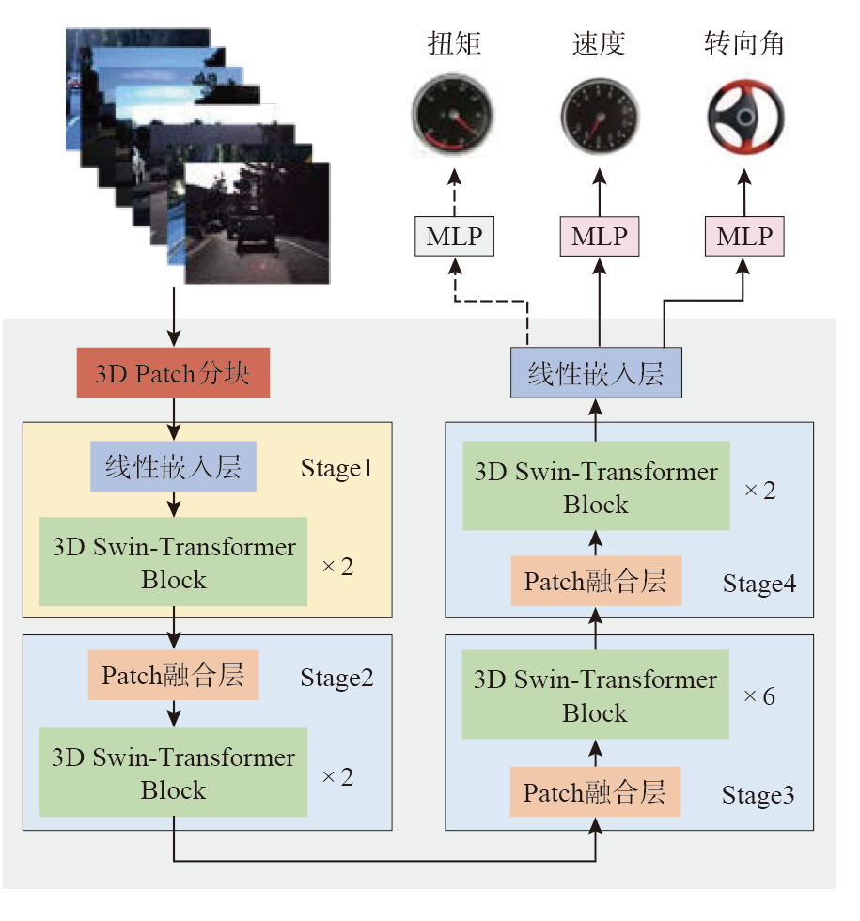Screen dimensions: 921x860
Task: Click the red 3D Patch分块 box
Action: click(173, 374)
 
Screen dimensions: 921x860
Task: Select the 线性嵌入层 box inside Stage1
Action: click(173, 467)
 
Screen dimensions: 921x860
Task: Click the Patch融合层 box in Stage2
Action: click(173, 676)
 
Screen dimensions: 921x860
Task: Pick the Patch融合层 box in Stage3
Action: click(595, 792)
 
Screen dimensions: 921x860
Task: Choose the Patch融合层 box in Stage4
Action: click(595, 581)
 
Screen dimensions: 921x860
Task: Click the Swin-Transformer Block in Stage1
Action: click(173, 562)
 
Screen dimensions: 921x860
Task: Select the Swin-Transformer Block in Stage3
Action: click(595, 696)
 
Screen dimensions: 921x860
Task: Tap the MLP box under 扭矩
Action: click(454, 236)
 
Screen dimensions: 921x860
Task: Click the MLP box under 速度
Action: click(599, 236)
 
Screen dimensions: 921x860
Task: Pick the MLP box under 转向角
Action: click(744, 236)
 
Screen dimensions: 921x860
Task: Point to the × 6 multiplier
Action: click(759, 697)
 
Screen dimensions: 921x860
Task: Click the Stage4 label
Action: click(759, 584)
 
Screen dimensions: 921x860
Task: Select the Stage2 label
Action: click(336, 678)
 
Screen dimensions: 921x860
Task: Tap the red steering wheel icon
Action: click(745, 118)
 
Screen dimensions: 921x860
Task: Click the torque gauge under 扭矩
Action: click(452, 117)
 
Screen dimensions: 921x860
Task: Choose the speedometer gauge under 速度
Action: click(599, 118)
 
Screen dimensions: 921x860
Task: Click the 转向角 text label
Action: click(744, 44)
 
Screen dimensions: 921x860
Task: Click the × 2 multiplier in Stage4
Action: click(759, 490)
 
